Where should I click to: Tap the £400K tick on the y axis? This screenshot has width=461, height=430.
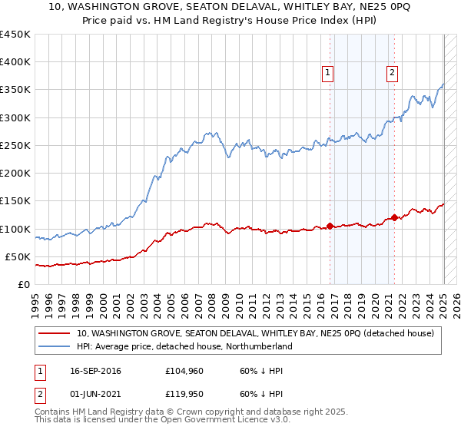pyautogui.click(x=15, y=62)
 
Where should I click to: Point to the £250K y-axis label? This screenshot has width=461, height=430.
pyautogui.click(x=15, y=145)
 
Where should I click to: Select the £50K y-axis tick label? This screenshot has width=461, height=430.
pyautogui.click(x=18, y=256)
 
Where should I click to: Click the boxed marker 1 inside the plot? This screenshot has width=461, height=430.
pyautogui.click(x=327, y=73)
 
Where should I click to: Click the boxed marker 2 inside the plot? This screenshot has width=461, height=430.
pyautogui.click(x=392, y=73)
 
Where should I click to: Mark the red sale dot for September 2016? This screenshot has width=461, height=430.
pyautogui.click(x=330, y=226)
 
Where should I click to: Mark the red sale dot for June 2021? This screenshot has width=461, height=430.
pyautogui.click(x=394, y=217)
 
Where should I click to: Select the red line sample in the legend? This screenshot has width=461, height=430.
pyautogui.click(x=54, y=333)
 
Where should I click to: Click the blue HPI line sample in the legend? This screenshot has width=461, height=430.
pyautogui.click(x=54, y=346)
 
